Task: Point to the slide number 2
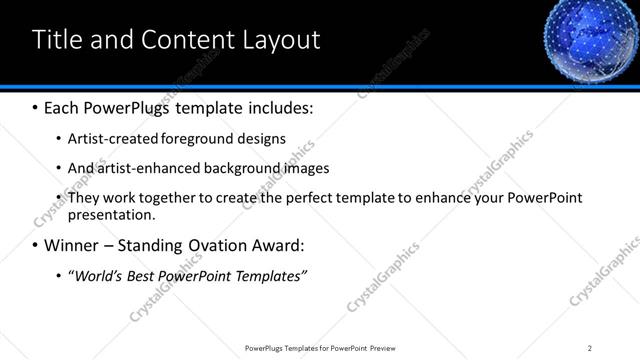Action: (x=589, y=348)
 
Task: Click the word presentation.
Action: (x=111, y=214)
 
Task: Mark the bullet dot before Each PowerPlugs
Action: (x=36, y=107)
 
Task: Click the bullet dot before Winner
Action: (x=36, y=245)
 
